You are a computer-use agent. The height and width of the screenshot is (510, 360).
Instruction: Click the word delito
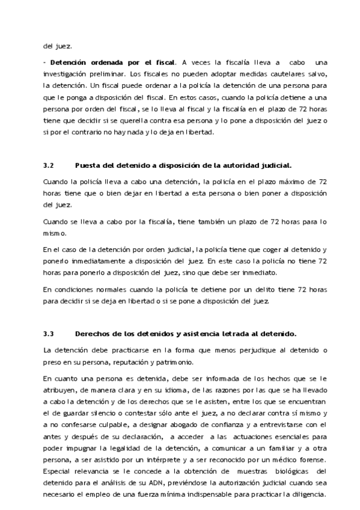click(267, 289)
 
